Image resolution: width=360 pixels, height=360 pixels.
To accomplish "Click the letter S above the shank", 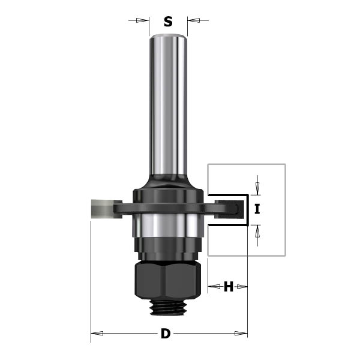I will coord(168,22).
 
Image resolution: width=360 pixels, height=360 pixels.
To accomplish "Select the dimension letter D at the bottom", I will coord(165,334).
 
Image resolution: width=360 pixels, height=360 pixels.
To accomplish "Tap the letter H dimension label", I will coord(228,287).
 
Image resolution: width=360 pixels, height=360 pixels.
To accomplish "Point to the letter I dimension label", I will coord(257,209).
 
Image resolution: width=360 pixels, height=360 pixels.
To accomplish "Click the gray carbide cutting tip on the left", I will coord(98,208).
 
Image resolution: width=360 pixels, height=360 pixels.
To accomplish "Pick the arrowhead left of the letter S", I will coord(145,21).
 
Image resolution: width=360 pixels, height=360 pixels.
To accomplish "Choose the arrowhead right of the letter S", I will coord(191,21).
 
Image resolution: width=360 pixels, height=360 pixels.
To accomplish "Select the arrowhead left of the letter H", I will coord(211,287).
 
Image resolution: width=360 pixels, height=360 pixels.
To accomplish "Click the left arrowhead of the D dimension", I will coord(94,334).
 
